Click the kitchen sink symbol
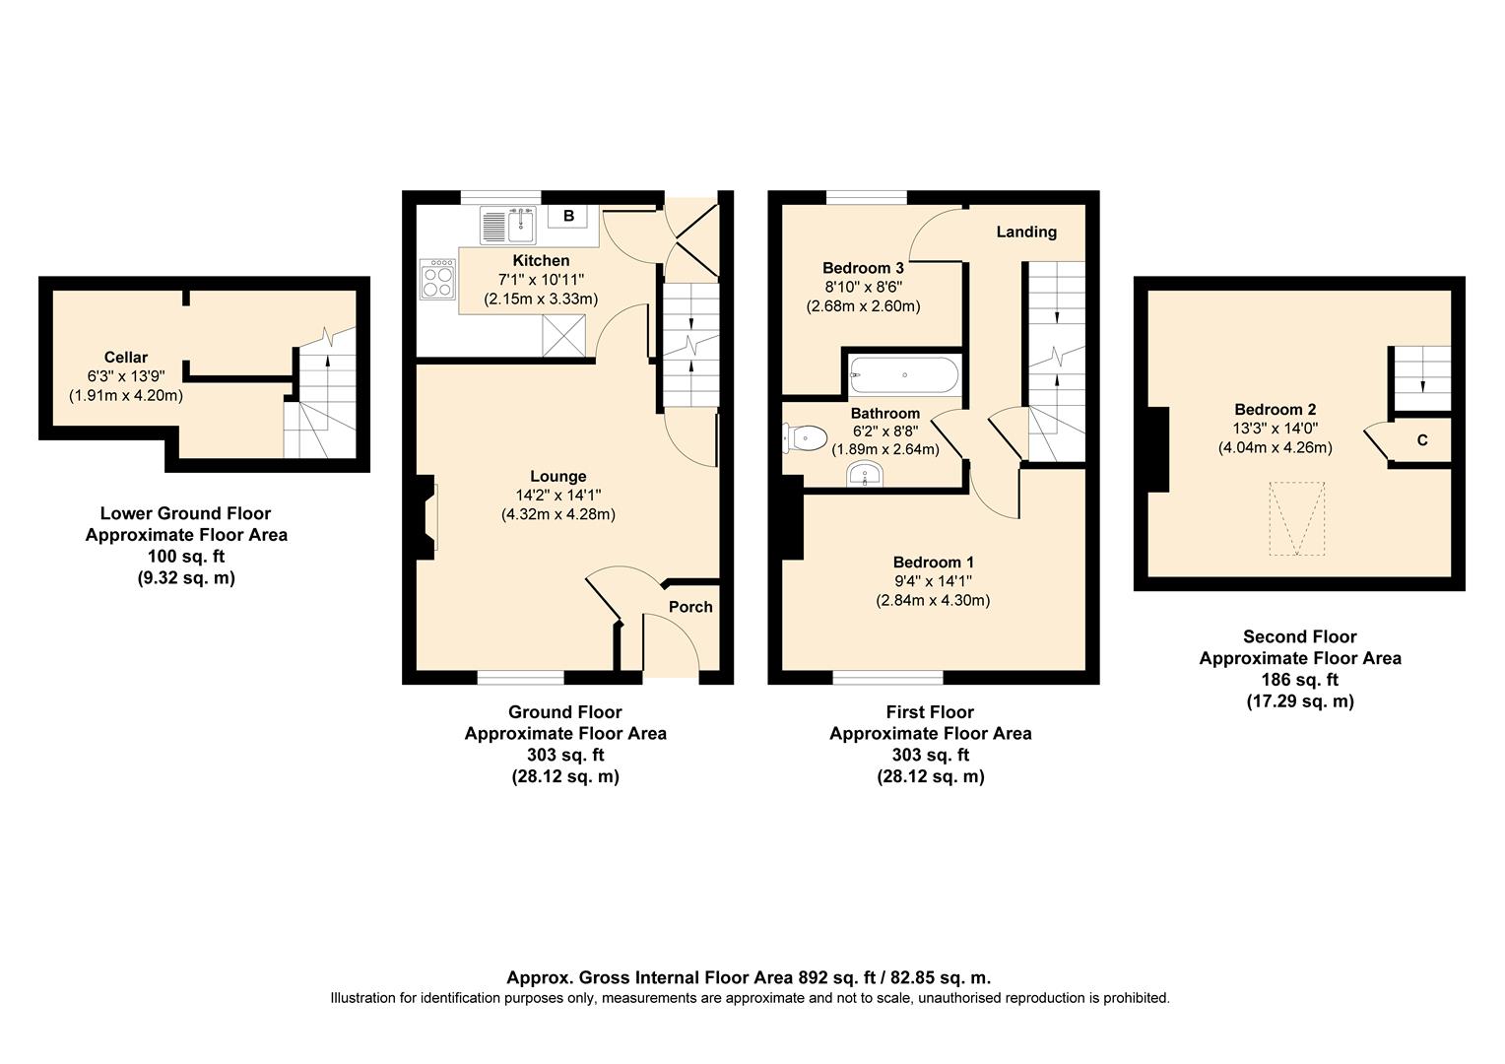tap(507, 226)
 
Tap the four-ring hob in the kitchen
tap(439, 279)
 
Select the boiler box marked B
tap(568, 216)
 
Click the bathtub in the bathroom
tap(903, 375)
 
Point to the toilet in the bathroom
tap(805, 436)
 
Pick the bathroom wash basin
tap(866, 475)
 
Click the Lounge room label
tap(557, 476)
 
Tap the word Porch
tap(690, 607)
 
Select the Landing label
tap(1026, 232)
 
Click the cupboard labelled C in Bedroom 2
tap(1421, 440)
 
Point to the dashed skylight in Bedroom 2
tap(1295, 518)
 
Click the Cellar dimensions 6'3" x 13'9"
tap(126, 376)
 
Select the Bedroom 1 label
tap(933, 563)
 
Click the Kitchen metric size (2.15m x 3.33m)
tap(541, 299)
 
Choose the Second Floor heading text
tap(1299, 636)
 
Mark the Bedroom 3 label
tap(863, 268)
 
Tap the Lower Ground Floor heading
tap(185, 513)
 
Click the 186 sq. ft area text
tap(1299, 680)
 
